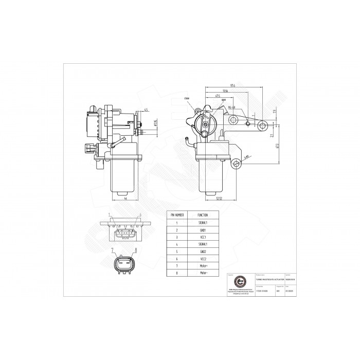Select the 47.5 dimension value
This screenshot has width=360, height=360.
click(x=218, y=96)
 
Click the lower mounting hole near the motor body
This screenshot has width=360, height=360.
click(x=237, y=165)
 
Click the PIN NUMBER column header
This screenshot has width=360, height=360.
click(x=177, y=215)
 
